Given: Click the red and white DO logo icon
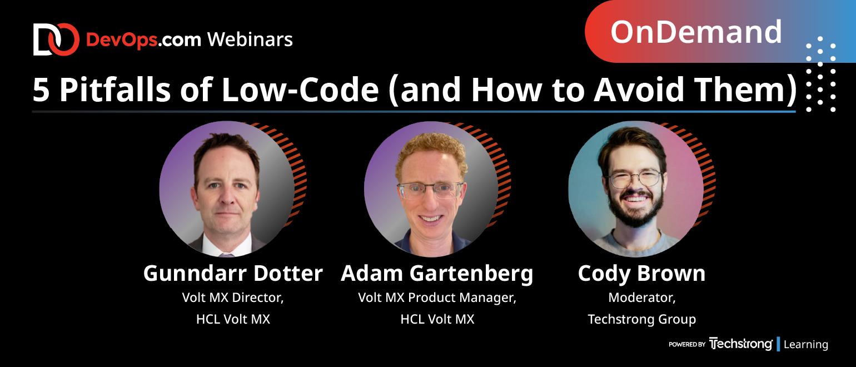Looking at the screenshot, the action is pos(56,39).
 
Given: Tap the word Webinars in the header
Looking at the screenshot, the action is pos(250,39).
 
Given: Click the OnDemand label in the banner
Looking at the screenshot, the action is pos(696,32).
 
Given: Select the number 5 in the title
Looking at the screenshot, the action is pos(41,90).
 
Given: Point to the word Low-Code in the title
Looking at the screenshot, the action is pos(300,90).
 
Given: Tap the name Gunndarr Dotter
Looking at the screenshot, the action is pos(233,274).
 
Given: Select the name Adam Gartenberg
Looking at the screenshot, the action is pos(437,274).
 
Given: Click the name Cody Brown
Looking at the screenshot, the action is pos(641,274).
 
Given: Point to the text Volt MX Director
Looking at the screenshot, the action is pos(233,297).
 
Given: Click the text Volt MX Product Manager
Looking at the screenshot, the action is pos(437,298).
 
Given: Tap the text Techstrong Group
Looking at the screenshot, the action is pos(641,319).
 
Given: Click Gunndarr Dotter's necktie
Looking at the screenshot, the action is pos(226,255).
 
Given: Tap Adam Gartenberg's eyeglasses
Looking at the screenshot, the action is pos(430,190).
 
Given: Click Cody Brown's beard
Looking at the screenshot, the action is pos(635,209).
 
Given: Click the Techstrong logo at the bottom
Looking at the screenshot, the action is pos(741,344).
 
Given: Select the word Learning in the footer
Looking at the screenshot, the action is pos(805,344).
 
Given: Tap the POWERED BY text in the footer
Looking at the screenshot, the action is pos(686,344).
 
